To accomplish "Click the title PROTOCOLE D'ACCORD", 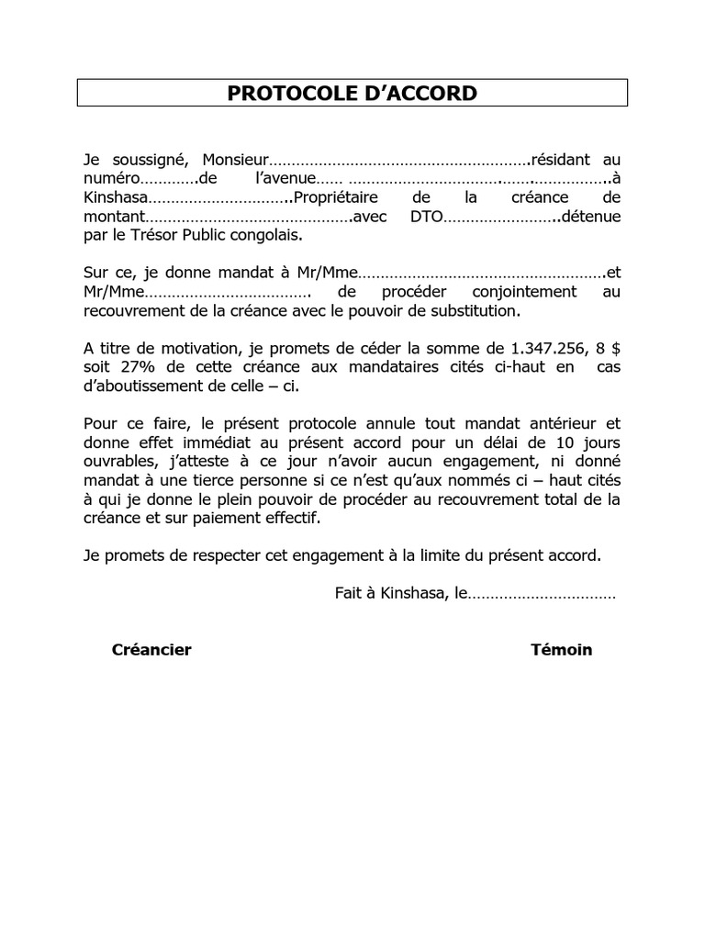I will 352,94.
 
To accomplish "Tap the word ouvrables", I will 116,461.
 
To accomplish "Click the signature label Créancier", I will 151,650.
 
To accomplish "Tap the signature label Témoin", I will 561,650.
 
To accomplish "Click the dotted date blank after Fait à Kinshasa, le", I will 542,594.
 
